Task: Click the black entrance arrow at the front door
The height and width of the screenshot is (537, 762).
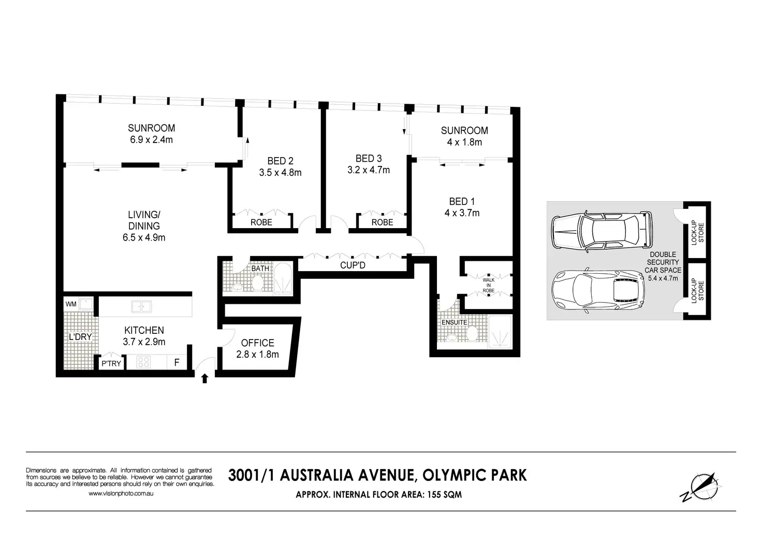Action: pyautogui.click(x=204, y=378)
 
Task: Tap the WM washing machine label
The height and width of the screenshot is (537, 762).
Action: pyautogui.click(x=71, y=304)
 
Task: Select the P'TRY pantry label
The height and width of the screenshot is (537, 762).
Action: pyautogui.click(x=111, y=364)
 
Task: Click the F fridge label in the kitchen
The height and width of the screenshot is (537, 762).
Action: pyautogui.click(x=177, y=362)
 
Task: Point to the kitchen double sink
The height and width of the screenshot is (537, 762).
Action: pyautogui.click(x=141, y=306)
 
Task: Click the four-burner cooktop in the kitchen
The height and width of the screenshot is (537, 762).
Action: pyautogui.click(x=143, y=362)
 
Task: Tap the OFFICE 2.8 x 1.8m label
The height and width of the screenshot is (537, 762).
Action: pyautogui.click(x=257, y=349)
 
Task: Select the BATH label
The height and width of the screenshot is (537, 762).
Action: pyautogui.click(x=260, y=268)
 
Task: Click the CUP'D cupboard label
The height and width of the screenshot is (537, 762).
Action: pyautogui.click(x=353, y=265)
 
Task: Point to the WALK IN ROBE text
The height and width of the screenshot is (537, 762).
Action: pyautogui.click(x=489, y=285)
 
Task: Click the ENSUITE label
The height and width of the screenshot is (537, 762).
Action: pyautogui.click(x=454, y=322)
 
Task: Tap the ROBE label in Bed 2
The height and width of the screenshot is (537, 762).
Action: pyautogui.click(x=261, y=222)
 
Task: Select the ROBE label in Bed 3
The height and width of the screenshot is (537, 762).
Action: pyautogui.click(x=383, y=222)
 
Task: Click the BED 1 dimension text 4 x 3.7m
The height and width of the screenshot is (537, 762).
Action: pyautogui.click(x=462, y=213)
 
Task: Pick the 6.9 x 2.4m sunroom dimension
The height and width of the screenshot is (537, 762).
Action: pyautogui.click(x=151, y=139)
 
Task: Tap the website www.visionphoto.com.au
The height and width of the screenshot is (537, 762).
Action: pyautogui.click(x=121, y=493)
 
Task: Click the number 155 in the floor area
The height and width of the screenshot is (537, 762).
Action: pyautogui.click(x=434, y=494)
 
